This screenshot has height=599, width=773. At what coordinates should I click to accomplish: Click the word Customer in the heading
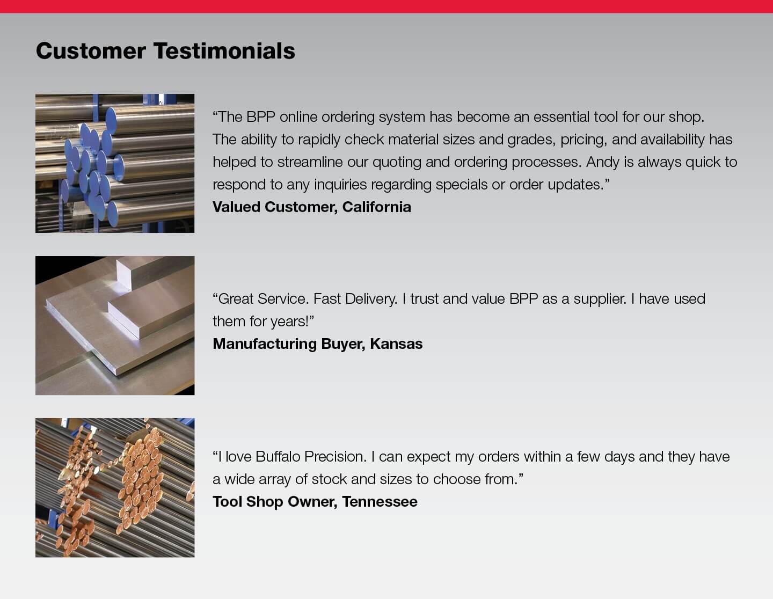[91, 51]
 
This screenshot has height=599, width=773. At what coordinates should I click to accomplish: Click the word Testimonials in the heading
[224, 51]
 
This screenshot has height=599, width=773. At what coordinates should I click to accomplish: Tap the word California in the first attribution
[376, 207]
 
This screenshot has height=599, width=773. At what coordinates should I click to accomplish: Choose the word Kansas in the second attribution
[396, 344]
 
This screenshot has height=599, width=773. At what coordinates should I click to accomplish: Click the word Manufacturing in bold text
[265, 344]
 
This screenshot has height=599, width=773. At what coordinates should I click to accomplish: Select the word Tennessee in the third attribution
[380, 502]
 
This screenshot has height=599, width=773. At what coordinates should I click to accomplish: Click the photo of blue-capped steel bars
[115, 163]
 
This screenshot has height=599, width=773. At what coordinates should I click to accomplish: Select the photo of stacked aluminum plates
[115, 325]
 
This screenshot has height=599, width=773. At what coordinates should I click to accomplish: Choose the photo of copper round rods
[115, 488]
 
